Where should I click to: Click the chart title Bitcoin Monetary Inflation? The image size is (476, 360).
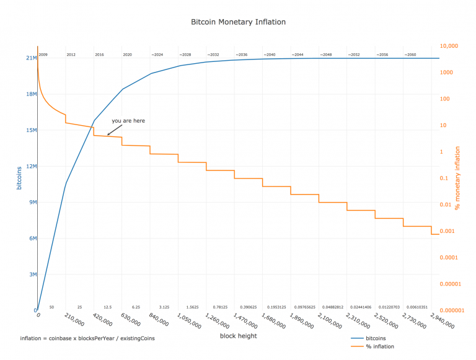239,22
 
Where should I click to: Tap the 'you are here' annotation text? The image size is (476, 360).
128,121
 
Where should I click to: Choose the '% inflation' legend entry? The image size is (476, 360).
380,346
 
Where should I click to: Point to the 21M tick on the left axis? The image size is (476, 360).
30,58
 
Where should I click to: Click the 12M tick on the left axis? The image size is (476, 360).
30,166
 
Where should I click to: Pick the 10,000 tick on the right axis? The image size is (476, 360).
448,46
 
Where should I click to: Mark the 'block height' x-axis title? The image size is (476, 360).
238,336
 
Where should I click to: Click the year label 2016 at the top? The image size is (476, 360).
99,55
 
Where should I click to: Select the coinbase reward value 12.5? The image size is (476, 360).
108,307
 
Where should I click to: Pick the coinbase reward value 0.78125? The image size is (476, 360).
220,307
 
